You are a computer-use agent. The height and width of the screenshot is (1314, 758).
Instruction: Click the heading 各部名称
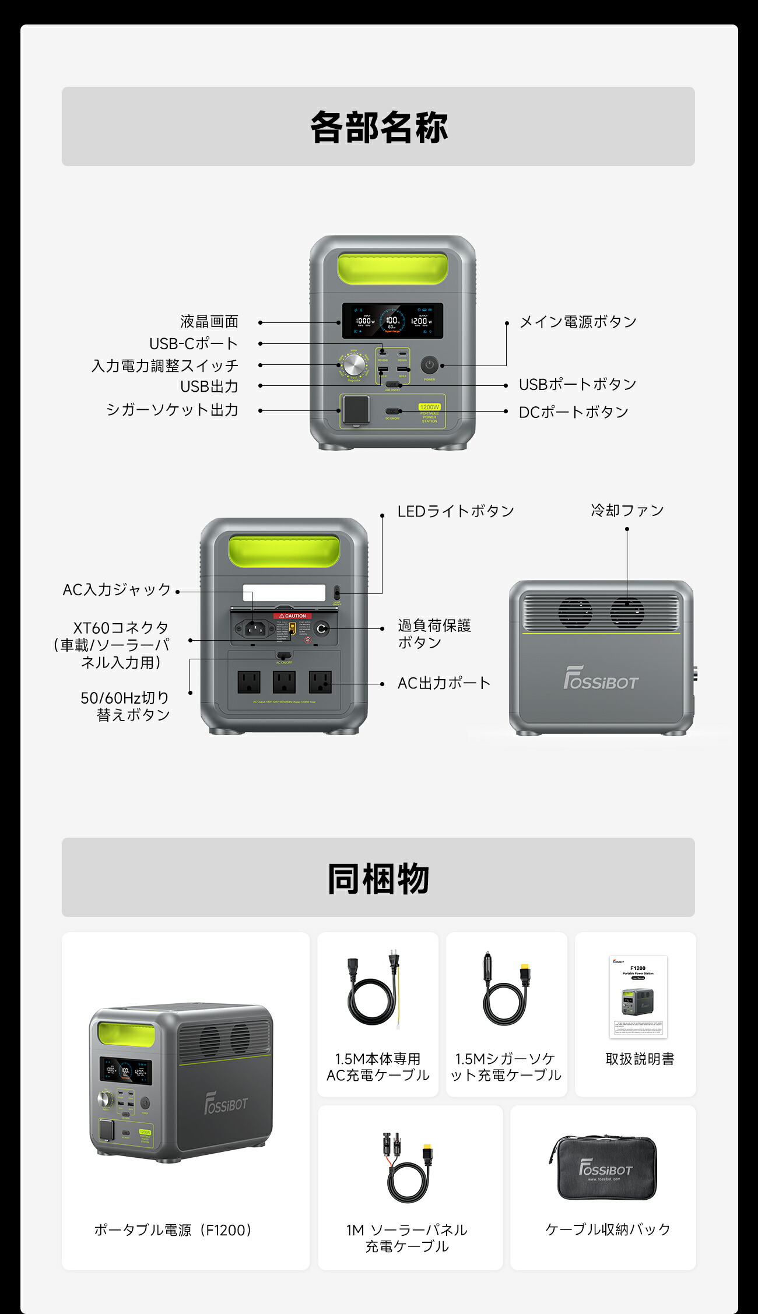378,127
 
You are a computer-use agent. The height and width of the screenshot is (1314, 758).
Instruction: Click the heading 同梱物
378,878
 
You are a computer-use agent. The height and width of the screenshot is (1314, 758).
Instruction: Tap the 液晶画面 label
209,322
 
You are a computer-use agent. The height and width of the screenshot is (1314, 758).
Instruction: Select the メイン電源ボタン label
577,322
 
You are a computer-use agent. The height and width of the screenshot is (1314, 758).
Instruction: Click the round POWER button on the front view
429,366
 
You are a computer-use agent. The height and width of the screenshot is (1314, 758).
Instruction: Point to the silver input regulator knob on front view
353,366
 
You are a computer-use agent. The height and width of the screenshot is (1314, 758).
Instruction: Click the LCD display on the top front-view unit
392,321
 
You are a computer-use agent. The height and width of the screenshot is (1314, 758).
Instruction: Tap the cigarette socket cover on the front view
356,409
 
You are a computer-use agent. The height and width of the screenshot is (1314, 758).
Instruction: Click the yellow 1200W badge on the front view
429,407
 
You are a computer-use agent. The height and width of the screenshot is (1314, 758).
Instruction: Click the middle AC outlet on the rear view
284,681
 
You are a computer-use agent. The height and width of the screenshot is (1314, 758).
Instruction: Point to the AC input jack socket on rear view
255,628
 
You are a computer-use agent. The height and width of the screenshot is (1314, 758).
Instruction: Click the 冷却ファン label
627,511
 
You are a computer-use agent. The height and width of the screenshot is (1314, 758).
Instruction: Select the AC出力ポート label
444,683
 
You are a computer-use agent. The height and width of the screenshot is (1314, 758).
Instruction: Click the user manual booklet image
638,996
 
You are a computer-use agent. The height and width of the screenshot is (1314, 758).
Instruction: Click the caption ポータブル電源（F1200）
173,1230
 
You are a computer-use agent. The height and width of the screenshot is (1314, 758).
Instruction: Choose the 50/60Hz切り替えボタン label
125,706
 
